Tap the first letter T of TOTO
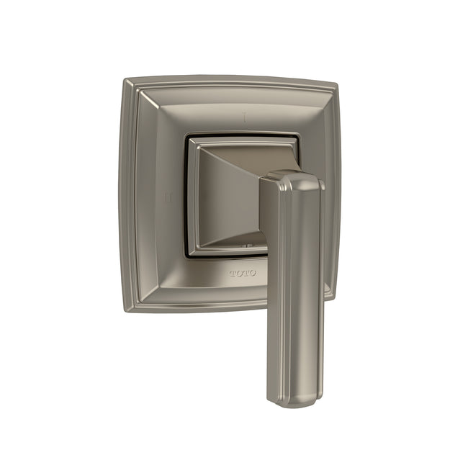point(233,274)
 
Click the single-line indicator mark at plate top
point(246,114)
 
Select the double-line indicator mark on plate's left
point(166,195)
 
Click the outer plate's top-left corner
point(127,81)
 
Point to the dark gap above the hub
point(245,134)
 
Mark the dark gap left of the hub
point(186,194)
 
